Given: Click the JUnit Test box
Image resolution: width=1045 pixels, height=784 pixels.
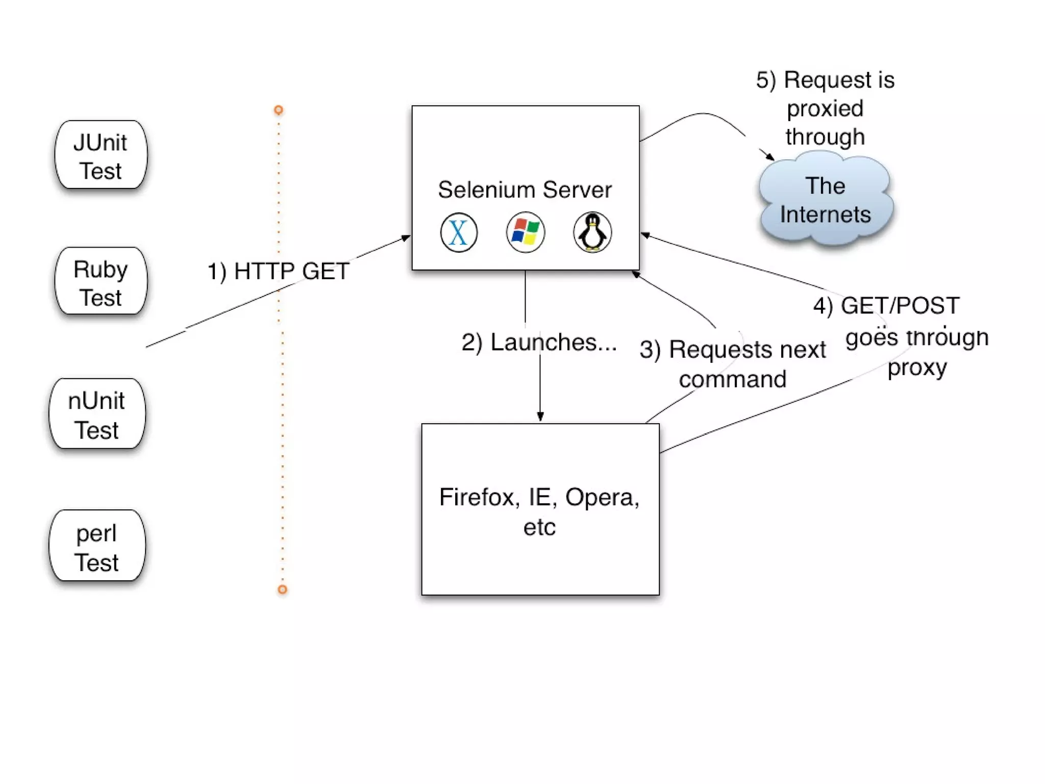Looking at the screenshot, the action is click(101, 155).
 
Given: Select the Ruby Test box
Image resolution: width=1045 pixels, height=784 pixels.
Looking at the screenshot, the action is click(101, 281).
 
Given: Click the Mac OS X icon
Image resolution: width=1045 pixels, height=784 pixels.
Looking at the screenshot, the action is click(459, 232).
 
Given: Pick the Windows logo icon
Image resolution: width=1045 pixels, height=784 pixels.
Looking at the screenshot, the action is click(526, 232).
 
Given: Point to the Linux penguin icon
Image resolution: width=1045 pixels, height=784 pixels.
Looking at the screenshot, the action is click(592, 232).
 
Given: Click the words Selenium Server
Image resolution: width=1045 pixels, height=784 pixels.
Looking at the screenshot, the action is click(525, 190).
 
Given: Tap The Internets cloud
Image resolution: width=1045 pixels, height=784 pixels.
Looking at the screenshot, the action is click(826, 199).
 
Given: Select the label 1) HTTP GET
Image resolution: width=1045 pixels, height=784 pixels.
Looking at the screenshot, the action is click(278, 271).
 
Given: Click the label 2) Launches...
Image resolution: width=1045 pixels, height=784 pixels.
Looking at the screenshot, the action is click(539, 342).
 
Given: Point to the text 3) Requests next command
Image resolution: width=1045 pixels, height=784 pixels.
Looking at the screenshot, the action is click(733, 364).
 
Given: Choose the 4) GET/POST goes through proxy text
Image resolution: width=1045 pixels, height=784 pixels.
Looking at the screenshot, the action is click(901, 336).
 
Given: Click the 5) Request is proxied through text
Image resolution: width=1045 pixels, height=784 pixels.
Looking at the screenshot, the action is click(825, 108).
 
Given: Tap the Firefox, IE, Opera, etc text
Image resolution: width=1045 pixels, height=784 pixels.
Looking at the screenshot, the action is click(539, 511).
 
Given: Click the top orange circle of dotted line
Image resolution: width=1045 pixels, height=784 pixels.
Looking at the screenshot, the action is click(279, 110).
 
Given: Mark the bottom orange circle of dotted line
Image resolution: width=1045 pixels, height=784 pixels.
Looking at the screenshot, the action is click(282, 590).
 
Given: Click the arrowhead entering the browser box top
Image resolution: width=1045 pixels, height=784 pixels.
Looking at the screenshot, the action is click(540, 416).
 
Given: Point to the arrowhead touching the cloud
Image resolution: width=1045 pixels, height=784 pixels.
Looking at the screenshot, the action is click(769, 156).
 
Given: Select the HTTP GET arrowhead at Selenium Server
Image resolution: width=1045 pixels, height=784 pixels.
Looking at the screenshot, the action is click(406, 238).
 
